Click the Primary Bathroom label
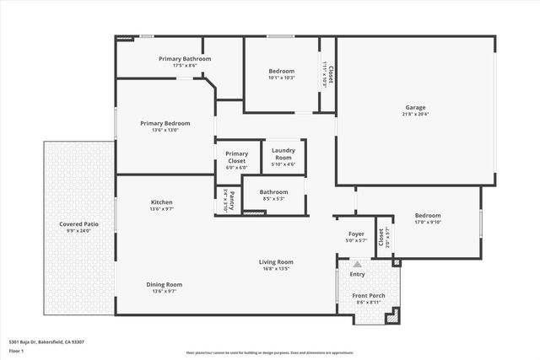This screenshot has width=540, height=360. (185, 58)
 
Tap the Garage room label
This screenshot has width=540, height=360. (415, 107)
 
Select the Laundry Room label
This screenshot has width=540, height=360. (283, 154)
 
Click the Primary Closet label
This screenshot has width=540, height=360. (236, 157)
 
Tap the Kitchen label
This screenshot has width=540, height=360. (161, 202)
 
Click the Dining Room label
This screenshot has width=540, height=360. (164, 284)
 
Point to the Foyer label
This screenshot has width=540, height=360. (356, 234)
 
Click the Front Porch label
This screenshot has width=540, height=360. (369, 295)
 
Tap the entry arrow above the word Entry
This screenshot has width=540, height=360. (357, 264)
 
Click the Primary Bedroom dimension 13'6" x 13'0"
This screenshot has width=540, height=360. (165, 130)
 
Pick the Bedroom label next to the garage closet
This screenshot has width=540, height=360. (282, 71)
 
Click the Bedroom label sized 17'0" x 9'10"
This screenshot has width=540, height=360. (428, 216)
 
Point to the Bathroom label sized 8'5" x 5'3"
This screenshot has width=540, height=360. (273, 192)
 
